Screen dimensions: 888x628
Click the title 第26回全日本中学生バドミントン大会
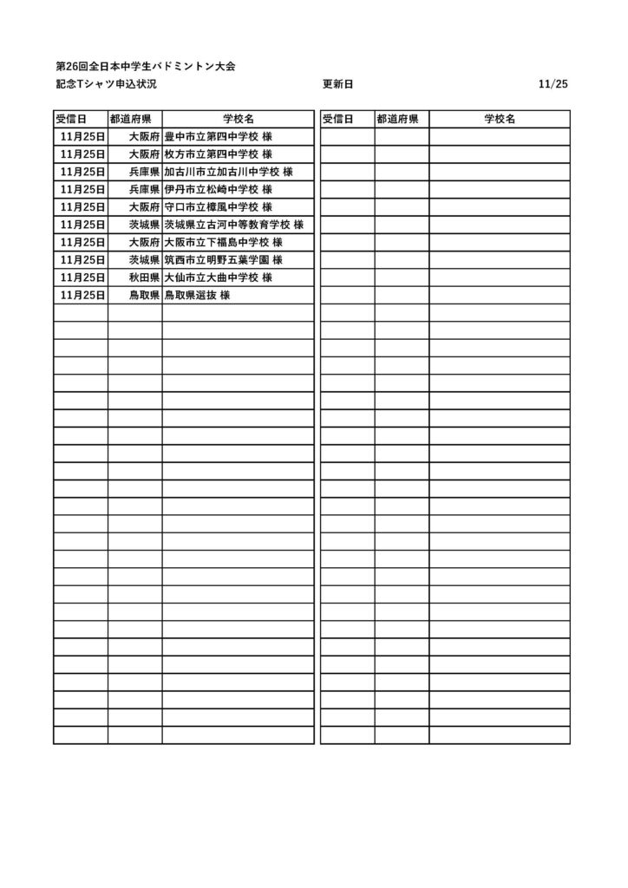(145, 66)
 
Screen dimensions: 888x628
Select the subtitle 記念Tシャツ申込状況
(105, 84)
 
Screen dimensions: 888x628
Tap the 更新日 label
(337, 84)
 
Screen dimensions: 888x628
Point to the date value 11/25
(553, 84)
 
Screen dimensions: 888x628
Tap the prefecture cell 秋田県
(143, 277)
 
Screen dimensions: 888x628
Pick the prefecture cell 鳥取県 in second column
(143, 295)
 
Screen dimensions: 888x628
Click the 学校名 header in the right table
(500, 119)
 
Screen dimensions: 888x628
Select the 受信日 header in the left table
(70, 119)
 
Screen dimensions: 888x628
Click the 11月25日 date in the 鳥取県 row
(83, 295)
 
